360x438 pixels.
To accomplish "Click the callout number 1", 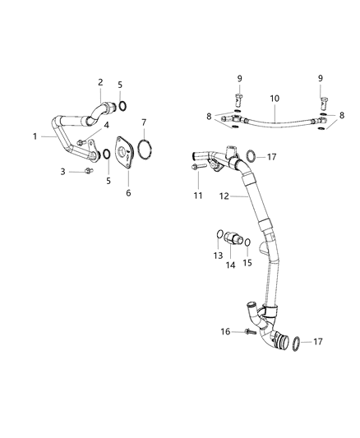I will tap(35, 136).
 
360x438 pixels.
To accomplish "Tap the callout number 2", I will tap(100, 82).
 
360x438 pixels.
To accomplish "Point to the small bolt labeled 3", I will tap(86, 171).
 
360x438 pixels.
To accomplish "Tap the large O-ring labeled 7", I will tap(145, 151).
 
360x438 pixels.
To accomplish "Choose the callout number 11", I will tap(196, 195).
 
